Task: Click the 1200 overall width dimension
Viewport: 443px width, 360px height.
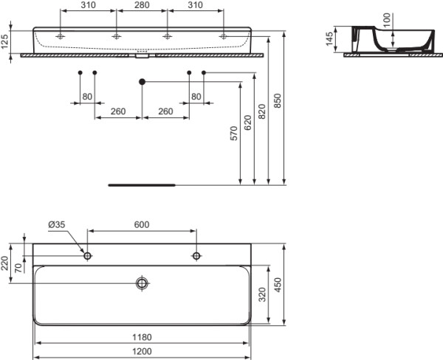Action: pos(142,351)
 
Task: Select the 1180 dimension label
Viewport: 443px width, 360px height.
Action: pos(142,337)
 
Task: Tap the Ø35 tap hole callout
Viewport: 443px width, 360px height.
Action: pos(57,225)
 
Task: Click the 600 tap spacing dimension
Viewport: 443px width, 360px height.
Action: pos(142,225)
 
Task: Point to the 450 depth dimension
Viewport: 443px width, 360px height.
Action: pos(278,285)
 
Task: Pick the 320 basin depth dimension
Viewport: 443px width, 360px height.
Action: pos(262,294)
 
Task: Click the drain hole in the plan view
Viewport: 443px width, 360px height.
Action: pos(142,283)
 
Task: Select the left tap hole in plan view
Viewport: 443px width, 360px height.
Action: pos(88,256)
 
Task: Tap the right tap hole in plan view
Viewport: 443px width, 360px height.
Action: pos(196,256)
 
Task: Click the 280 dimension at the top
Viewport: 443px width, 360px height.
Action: pos(142,5)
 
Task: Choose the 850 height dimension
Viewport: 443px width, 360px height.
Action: pos(278,100)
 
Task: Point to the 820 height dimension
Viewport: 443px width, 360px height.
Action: pos(262,111)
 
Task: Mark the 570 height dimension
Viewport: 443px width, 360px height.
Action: pos(234,134)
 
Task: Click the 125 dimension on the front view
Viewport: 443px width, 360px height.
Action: pos(4,41)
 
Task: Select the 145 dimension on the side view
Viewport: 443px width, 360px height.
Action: pos(329,39)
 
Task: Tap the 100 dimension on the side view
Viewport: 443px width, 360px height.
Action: pos(386,20)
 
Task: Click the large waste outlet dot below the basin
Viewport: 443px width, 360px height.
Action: pos(142,82)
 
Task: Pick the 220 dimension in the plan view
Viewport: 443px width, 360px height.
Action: pos(4,263)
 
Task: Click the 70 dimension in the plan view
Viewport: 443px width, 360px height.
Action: pos(18,268)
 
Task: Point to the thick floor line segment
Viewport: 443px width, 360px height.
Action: pos(142,185)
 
